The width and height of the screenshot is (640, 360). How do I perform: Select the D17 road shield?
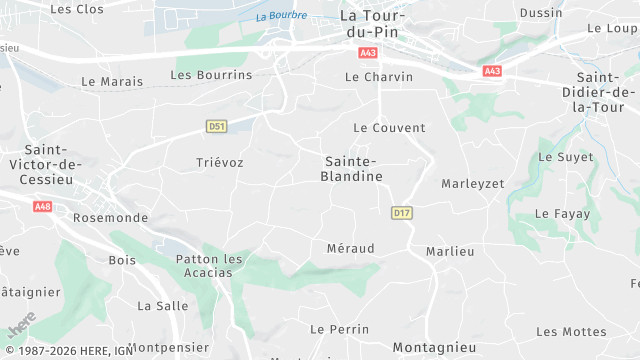[402, 213]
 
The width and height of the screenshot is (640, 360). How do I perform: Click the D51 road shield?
[217, 126]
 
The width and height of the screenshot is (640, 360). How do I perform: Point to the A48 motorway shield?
[42, 207]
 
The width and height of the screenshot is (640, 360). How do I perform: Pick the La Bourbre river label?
[281, 16]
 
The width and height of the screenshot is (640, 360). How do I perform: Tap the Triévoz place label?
[220, 162]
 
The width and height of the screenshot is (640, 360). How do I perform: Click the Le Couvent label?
[389, 128]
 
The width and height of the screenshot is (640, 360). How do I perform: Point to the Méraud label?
[350, 248]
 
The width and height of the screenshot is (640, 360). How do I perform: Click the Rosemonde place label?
[110, 217]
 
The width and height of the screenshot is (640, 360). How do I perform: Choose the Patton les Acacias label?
[209, 266]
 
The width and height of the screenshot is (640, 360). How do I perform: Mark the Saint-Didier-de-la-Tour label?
[603, 92]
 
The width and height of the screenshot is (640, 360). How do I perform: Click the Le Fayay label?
[563, 214]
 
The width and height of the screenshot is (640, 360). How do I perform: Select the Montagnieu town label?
[434, 346]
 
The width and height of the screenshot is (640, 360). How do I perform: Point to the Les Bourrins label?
[210, 75]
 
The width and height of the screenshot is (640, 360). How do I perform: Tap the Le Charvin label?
[371, 76]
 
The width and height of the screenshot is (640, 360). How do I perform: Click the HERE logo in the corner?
[20, 326]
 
